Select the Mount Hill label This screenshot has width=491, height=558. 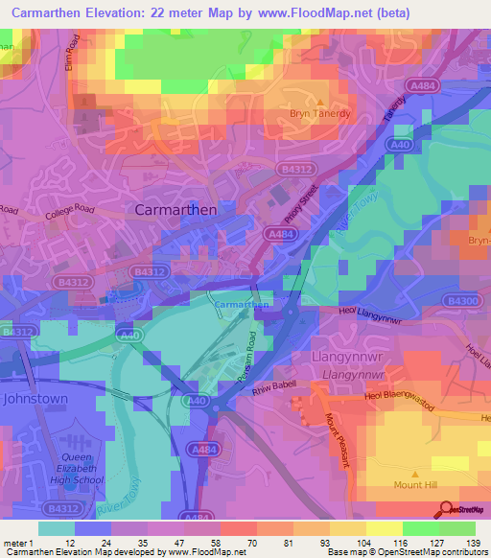(x=416, y=487)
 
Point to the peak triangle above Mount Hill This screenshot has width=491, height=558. (x=416, y=474)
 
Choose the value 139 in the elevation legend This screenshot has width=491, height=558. (x=472, y=543)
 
